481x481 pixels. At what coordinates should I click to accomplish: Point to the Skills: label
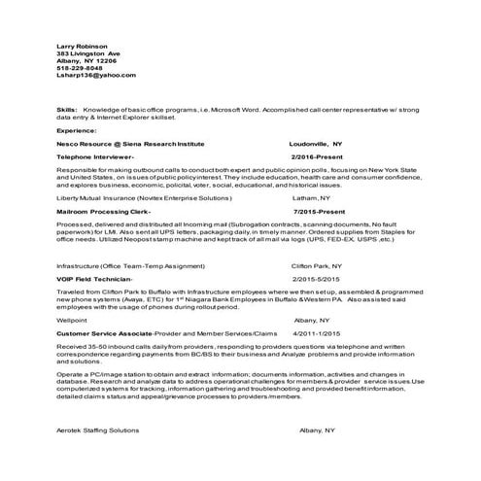(67, 111)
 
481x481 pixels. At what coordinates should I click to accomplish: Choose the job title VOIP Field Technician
(96, 278)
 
